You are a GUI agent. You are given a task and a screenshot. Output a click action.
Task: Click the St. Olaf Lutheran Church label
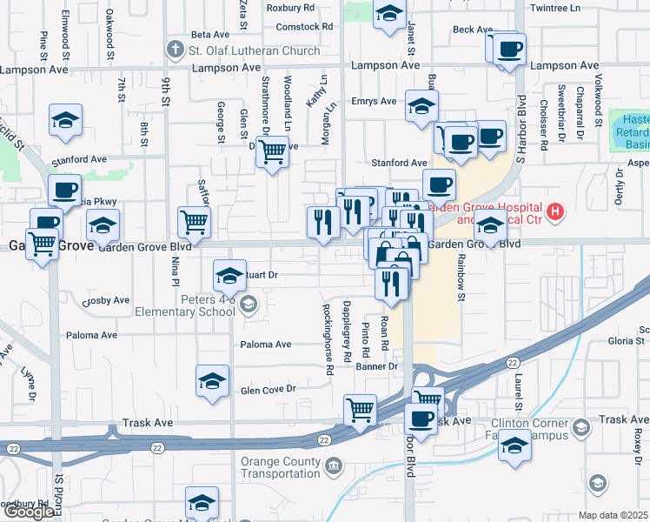255,50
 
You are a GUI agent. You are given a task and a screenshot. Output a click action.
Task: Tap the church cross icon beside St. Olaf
176,50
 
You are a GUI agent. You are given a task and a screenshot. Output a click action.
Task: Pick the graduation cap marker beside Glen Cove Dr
212,380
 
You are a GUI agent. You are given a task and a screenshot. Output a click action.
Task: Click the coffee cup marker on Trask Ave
422,418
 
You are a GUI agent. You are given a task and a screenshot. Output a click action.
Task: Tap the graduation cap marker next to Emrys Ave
421,107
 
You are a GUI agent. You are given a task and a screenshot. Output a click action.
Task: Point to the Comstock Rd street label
304,27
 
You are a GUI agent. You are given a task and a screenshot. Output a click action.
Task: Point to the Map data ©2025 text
614,515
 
